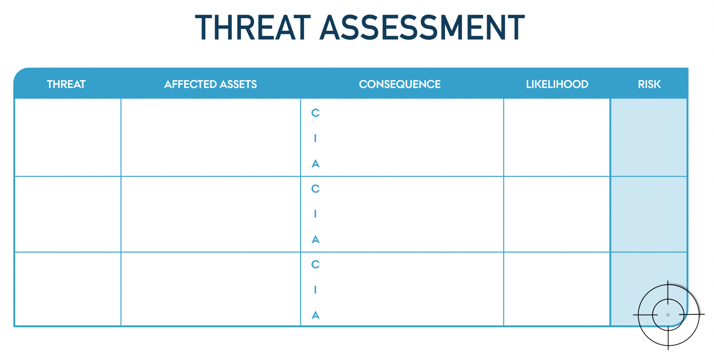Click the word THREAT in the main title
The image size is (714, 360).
tap(253, 27)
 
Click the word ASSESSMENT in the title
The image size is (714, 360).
tap(422, 27)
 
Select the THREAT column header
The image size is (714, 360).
tap(66, 84)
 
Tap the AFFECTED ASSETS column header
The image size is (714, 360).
tap(211, 84)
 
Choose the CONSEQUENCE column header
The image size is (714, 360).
tap(400, 84)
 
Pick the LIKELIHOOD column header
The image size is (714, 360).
tap(557, 84)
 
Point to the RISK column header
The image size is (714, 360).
tap(649, 84)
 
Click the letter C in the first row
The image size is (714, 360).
tap(316, 113)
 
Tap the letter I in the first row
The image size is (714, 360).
tap(315, 138)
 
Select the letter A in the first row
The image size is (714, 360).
tap(316, 164)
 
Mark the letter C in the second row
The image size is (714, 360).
tap(316, 189)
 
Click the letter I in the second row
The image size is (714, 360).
tap(315, 214)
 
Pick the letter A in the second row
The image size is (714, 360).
tap(316, 239)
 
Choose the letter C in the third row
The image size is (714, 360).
tap(316, 264)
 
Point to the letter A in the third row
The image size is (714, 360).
tap(316, 315)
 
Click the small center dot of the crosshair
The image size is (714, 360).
tap(668, 315)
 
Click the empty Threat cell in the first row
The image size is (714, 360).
tap(68, 137)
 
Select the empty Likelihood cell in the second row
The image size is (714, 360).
tap(557, 214)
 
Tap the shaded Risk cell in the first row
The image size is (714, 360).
tap(649, 137)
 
